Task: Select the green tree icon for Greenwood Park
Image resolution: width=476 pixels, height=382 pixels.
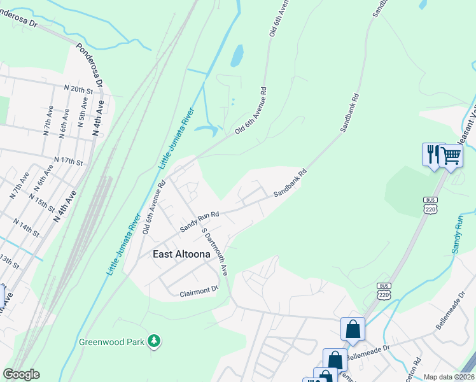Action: point(153,341)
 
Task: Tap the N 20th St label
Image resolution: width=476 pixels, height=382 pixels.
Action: point(87,90)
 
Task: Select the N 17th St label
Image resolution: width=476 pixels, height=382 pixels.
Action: point(69,160)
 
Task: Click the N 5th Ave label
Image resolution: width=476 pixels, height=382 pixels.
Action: point(82,117)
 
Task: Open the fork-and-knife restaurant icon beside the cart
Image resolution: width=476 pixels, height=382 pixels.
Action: point(432,154)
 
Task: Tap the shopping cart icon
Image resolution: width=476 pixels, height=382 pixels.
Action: point(451,154)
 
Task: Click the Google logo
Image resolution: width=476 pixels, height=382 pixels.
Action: point(21,374)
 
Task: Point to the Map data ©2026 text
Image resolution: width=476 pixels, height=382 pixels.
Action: point(449,377)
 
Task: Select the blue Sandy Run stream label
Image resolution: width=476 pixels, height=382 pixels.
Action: point(459,234)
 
